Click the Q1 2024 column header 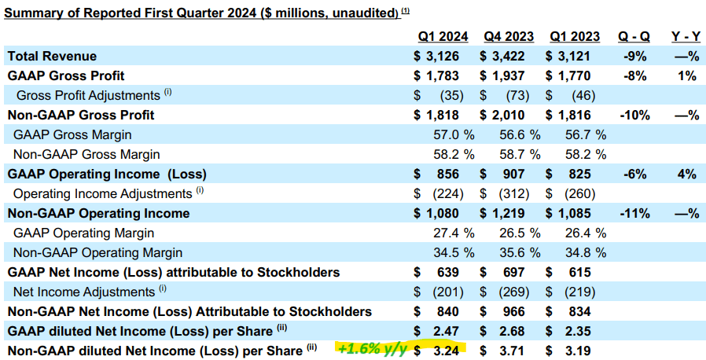pyautogui.click(x=443, y=37)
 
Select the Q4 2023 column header pyautogui.click(x=509, y=37)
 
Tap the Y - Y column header pyautogui.click(x=685, y=37)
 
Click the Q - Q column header pyautogui.click(x=633, y=37)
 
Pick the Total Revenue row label pyautogui.click(x=52, y=56)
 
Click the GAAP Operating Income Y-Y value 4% pyautogui.click(x=687, y=174)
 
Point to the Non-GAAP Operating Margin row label pyautogui.click(x=97, y=252)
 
